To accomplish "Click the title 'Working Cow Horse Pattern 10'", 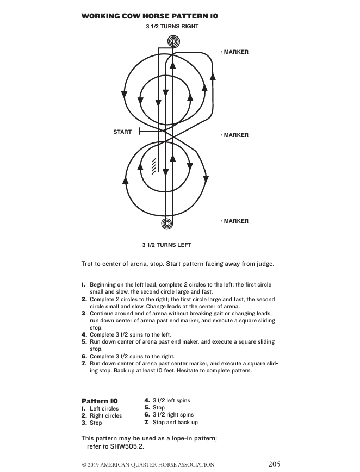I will (x=150, y=16).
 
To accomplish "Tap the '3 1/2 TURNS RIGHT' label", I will (x=172, y=26).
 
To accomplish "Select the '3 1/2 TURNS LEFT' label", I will (x=166, y=245).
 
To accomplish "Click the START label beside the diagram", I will (x=122, y=132).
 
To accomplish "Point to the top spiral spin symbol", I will (x=173, y=41).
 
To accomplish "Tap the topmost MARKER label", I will (x=235, y=52).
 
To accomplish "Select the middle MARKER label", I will (x=235, y=135).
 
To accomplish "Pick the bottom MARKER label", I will (x=235, y=221).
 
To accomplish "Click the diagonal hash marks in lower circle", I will (x=154, y=166).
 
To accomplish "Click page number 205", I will (x=274, y=464).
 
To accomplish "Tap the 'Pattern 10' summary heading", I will (x=100, y=401).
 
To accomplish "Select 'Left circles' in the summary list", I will (x=104, y=409).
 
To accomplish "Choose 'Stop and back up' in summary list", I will (x=175, y=423).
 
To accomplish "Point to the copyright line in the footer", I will (x=148, y=465).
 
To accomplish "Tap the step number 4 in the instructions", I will (x=84, y=334).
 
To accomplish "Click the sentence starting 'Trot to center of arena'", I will (x=177, y=264).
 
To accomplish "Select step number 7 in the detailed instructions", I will (x=84, y=363).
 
